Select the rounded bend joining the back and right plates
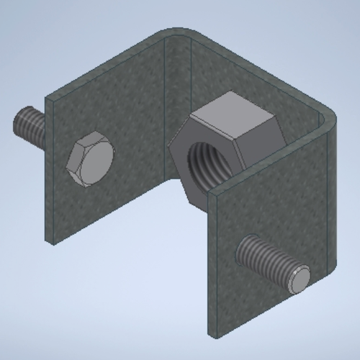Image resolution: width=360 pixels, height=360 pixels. pyautogui.click(x=328, y=119)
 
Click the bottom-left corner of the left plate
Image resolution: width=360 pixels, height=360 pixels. pyautogui.click(x=50, y=243)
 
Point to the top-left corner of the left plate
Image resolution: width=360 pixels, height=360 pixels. pyautogui.click(x=48, y=97)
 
